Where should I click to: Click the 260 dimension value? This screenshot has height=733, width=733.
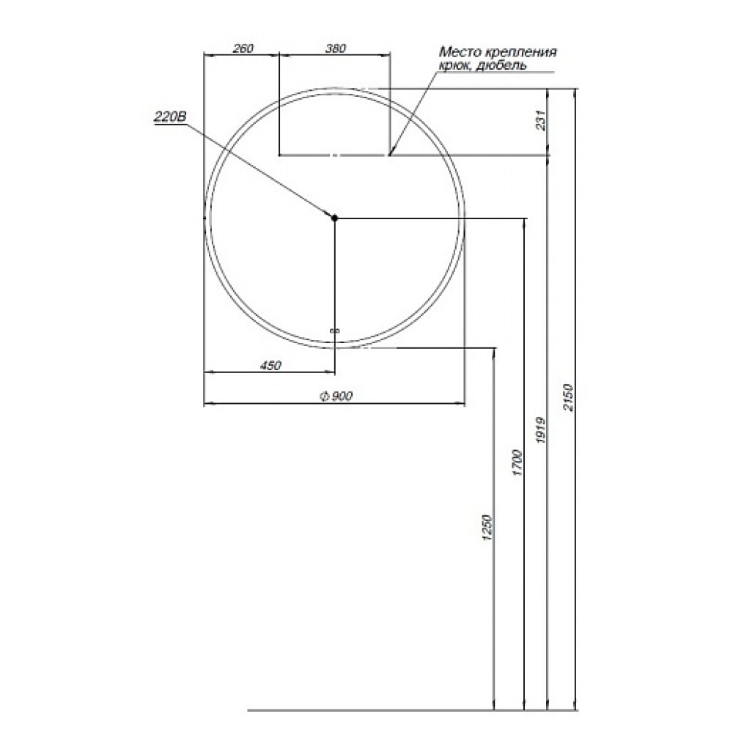[243, 48]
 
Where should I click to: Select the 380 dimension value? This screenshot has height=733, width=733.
[335, 48]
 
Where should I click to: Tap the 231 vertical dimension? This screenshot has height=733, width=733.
[541, 121]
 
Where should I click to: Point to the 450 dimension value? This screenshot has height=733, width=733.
[270, 365]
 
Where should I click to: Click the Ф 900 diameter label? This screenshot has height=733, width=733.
[336, 396]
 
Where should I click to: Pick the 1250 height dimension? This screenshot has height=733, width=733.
[487, 528]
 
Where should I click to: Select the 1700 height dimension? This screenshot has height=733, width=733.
[517, 463]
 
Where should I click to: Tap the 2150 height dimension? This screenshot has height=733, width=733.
[568, 397]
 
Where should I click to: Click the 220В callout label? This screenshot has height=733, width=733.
[170, 116]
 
